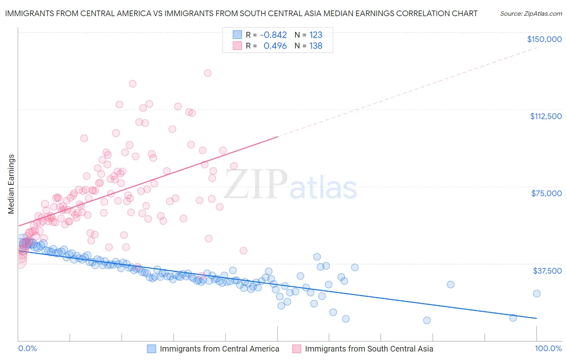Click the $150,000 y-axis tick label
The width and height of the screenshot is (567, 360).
click(544, 39)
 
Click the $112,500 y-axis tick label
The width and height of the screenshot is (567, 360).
click(546, 116)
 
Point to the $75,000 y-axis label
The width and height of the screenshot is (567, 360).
click(546, 193)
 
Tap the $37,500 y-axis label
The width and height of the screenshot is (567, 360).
click(547, 270)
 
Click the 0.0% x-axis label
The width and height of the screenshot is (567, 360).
click(27, 348)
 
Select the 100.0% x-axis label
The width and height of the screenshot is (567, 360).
click(548, 348)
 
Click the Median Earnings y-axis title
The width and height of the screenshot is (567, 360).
click(11, 184)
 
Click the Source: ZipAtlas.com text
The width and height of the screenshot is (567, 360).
click(531, 13)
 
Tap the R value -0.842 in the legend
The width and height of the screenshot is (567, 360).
click(273, 35)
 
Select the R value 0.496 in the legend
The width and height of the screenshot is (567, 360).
click(275, 46)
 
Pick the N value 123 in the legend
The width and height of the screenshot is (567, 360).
click(316, 35)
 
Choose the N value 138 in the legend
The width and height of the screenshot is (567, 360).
click(316, 46)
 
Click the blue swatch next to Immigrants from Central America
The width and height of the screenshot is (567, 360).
click(151, 349)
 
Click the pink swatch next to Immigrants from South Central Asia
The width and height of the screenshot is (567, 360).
click(296, 349)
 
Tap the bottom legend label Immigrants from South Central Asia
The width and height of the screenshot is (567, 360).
click(369, 349)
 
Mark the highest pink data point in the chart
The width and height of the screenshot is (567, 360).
click(208, 73)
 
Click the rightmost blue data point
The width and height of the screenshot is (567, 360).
click(536, 293)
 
